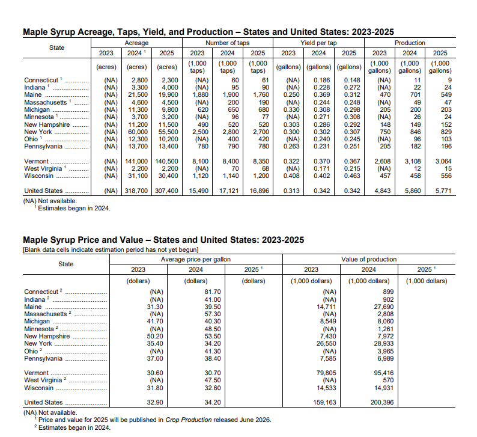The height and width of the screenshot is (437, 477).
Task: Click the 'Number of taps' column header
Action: tap(227, 43)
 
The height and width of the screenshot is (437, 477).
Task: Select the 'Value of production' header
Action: tap(368, 259)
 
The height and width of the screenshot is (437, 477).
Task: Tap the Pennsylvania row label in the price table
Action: tap(43, 358)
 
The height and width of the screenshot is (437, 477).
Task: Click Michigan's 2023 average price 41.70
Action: tap(155, 322)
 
